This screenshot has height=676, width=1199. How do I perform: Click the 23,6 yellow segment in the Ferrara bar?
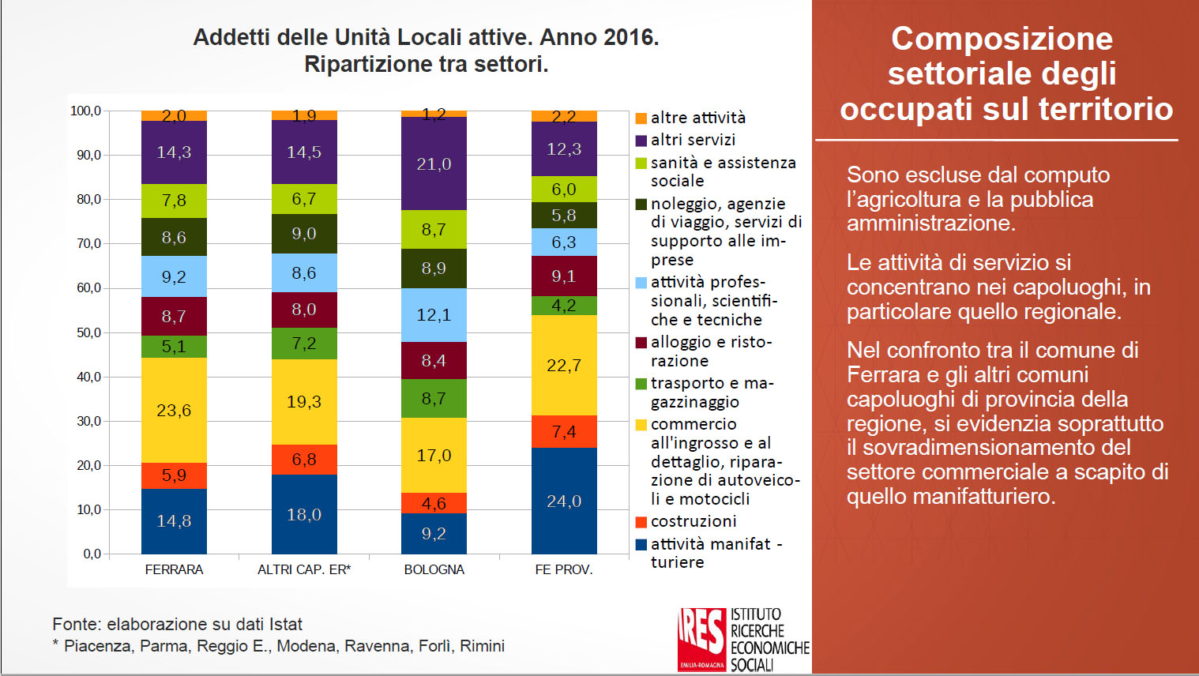coord(174,410)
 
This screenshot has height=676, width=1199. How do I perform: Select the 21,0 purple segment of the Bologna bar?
coord(434,163)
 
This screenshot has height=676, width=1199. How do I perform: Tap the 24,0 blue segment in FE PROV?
coord(564,501)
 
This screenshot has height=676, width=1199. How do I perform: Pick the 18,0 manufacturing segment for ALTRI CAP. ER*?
coord(304,514)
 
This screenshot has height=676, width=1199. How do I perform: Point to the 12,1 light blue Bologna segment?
coord(434,314)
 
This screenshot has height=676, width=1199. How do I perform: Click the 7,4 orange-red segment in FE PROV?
coord(564,431)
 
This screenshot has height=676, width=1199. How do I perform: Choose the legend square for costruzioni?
coord(641,522)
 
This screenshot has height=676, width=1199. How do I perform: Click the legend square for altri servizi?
coord(641,141)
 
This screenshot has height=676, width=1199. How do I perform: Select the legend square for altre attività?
coord(641,118)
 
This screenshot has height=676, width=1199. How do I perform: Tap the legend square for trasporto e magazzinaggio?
coord(641,384)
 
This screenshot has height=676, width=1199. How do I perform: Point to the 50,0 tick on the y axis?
coord(88,332)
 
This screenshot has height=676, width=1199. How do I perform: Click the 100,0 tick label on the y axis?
coord(86,111)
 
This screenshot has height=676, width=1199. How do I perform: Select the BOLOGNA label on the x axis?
coord(434,569)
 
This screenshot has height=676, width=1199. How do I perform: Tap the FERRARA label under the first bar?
coord(174,569)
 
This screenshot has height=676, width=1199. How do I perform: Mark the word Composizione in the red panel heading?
coord(1002,39)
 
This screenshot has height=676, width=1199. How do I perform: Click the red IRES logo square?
coord(701,638)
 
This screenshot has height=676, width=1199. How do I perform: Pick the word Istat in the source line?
coord(285,624)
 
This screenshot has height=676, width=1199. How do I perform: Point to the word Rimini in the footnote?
coord(482,646)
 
